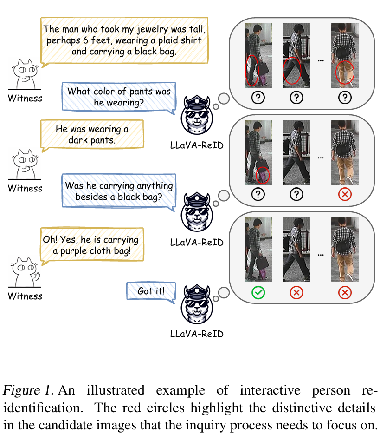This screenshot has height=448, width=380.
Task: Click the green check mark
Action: point(258,293)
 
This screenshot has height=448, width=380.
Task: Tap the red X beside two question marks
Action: point(344,193)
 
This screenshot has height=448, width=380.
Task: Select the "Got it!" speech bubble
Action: point(151,291)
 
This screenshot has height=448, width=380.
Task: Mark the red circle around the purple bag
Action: point(263,175)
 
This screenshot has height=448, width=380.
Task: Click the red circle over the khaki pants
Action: point(345,72)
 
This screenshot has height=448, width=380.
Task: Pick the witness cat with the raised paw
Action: point(24,274)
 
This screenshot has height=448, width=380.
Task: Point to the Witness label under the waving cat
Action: point(25,296)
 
